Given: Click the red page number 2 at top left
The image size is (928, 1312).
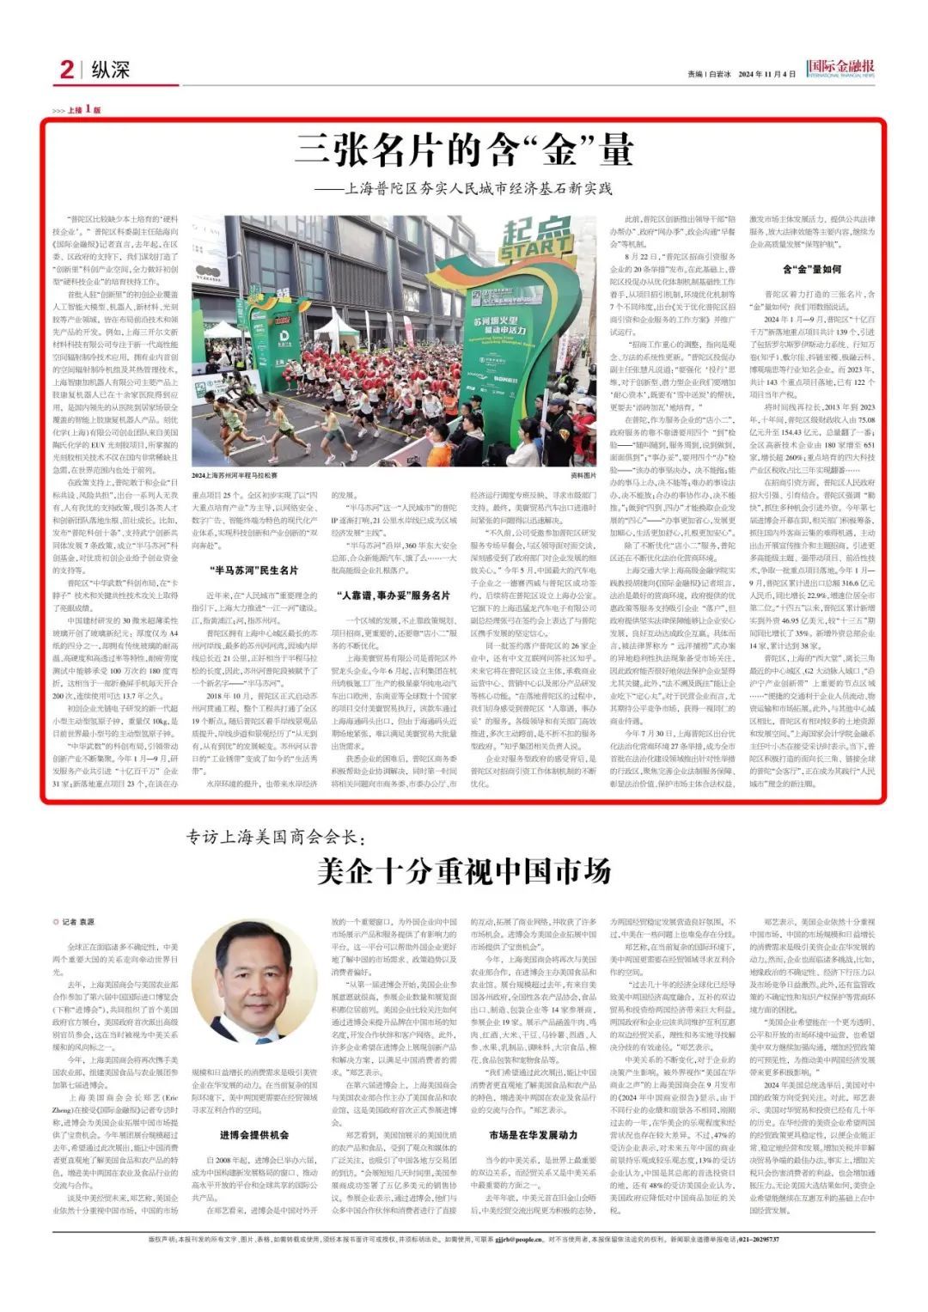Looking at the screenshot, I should tap(66, 70).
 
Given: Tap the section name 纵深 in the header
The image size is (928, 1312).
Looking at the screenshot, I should tap(109, 70).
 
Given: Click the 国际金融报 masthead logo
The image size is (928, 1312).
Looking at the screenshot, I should tap(841, 68).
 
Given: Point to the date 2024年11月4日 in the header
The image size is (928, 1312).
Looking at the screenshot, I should tap(767, 74).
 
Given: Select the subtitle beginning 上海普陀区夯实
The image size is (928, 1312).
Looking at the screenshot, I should tap(463, 188).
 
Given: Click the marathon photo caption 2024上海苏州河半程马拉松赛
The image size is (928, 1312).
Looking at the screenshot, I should tap(235, 475).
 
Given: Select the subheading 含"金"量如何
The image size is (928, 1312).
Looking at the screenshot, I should tap(812, 269).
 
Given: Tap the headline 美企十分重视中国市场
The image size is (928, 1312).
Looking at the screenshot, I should tap(464, 871).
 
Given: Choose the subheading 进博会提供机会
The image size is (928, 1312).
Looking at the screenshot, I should tap(253, 1134).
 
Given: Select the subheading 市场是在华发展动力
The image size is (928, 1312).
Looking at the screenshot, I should tap(533, 1134).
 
